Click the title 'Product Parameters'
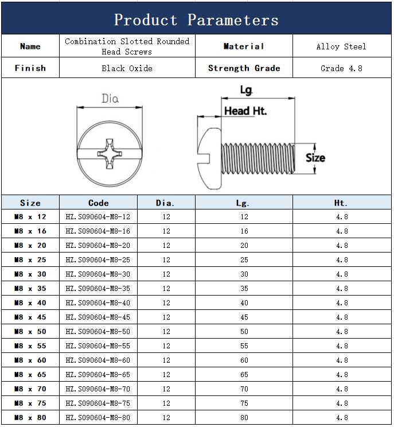tap(196, 20)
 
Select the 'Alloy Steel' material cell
tap(341, 46)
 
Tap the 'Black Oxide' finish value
tap(127, 68)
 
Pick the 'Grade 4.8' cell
tap(341, 68)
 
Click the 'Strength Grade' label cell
tap(244, 68)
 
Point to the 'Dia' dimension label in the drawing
tap(110, 98)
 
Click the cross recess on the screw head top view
tap(110, 154)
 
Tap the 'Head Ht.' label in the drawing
tap(245, 111)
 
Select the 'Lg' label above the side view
tap(246, 90)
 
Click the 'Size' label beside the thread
tap(315, 158)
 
